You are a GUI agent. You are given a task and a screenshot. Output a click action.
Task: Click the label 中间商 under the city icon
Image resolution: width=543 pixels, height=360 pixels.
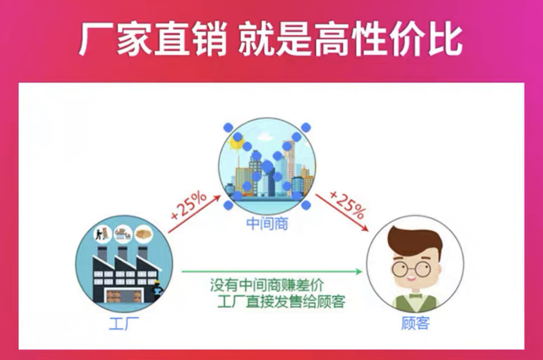267,224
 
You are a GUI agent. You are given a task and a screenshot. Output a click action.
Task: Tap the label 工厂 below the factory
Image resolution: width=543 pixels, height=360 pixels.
124,322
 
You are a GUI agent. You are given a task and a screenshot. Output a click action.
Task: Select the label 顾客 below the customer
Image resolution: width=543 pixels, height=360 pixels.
415,322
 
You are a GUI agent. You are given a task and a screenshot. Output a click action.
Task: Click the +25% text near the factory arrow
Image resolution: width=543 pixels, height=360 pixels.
188,205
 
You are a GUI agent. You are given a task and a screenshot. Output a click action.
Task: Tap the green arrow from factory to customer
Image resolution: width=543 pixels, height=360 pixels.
271,271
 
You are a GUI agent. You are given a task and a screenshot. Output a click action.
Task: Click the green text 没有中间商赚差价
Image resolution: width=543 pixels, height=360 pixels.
267,284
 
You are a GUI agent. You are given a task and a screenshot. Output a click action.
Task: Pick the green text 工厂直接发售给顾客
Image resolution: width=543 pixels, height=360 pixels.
281,301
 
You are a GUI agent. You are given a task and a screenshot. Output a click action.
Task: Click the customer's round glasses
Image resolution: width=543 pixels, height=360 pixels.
411,268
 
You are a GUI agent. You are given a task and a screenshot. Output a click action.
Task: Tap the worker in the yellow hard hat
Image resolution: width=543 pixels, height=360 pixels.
157,288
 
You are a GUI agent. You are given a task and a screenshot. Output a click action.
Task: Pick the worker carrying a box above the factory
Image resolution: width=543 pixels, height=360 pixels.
102,233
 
